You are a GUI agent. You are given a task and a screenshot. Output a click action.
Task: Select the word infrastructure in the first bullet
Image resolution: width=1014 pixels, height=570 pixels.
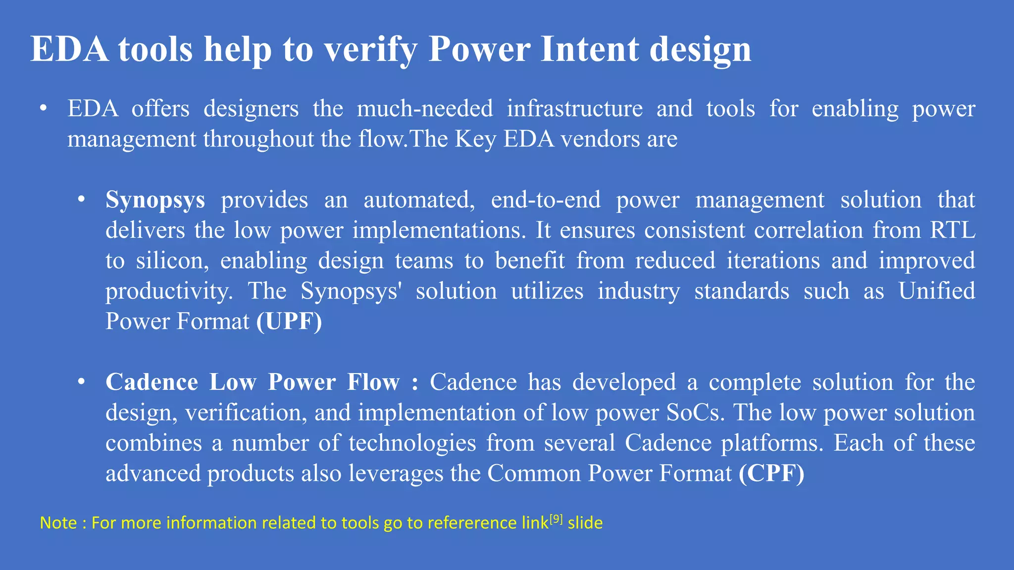click(574, 108)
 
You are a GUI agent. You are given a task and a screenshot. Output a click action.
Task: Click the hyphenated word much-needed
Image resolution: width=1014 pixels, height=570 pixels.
click(425, 108)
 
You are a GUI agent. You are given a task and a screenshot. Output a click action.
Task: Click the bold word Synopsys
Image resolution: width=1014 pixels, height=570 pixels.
click(155, 200)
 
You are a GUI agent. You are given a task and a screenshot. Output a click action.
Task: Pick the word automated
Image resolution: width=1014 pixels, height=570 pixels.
click(419, 200)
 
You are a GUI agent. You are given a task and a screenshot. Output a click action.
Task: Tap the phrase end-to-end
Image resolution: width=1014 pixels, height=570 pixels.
click(546, 200)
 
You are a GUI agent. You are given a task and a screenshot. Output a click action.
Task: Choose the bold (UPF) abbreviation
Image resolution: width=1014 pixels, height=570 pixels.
click(289, 322)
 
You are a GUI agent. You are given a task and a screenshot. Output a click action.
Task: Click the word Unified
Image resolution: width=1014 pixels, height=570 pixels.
click(936, 291)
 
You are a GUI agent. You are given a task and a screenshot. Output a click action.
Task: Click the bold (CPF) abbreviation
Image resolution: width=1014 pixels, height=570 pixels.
click(771, 474)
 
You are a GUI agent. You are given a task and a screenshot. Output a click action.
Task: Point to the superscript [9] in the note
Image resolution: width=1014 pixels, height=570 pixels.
click(557, 519)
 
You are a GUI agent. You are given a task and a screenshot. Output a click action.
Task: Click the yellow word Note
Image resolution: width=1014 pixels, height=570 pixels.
click(58, 523)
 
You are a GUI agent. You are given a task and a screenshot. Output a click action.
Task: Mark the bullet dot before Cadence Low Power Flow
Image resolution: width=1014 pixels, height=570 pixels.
click(82, 381)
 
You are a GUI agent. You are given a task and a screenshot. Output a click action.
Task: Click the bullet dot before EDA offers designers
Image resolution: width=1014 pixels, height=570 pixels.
click(44, 108)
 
